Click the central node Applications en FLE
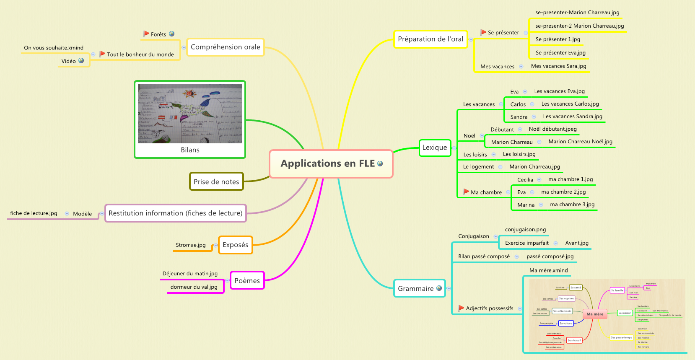(331, 163)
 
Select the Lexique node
(435, 148)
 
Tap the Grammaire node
(415, 288)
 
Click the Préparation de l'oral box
(430, 39)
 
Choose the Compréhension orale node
(226, 47)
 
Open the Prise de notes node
(216, 181)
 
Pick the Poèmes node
(247, 280)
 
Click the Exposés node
(235, 245)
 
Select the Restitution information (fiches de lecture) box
(175, 213)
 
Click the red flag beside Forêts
(146, 34)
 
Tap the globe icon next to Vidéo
(81, 61)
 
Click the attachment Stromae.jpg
(191, 245)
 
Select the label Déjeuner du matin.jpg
(190, 273)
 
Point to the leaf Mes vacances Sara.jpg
(558, 66)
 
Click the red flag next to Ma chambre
(466, 192)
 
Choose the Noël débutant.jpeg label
(552, 129)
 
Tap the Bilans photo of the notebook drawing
(190, 114)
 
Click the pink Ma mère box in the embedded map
(595, 314)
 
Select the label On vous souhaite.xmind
(54, 48)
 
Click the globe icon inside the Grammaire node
(439, 288)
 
